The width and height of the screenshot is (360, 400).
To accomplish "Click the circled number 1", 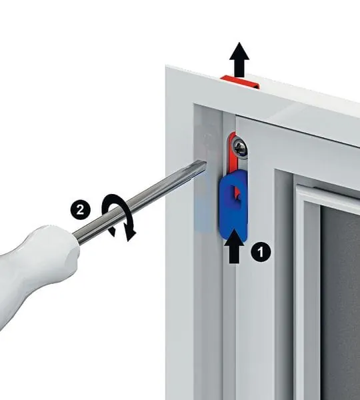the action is click(x=261, y=252).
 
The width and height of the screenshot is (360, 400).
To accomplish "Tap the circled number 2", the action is click(x=81, y=210).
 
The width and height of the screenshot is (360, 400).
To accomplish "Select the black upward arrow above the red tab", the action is click(x=239, y=60).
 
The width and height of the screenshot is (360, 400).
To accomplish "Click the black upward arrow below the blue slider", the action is click(x=234, y=246).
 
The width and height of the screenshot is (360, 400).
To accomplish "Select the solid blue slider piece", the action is click(x=233, y=206).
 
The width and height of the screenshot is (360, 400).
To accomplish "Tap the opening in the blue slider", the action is click(x=235, y=193).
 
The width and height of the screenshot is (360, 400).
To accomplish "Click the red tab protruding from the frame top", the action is click(x=240, y=81).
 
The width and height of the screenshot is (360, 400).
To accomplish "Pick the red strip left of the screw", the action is click(x=232, y=153).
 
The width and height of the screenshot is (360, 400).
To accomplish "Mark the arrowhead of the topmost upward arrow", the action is click(x=239, y=51).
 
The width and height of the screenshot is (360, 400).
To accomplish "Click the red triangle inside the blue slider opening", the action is click(x=237, y=193).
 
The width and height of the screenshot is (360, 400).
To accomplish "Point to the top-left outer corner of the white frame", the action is click(x=165, y=66).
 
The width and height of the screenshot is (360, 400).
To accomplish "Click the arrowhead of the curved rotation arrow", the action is click(x=131, y=234).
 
